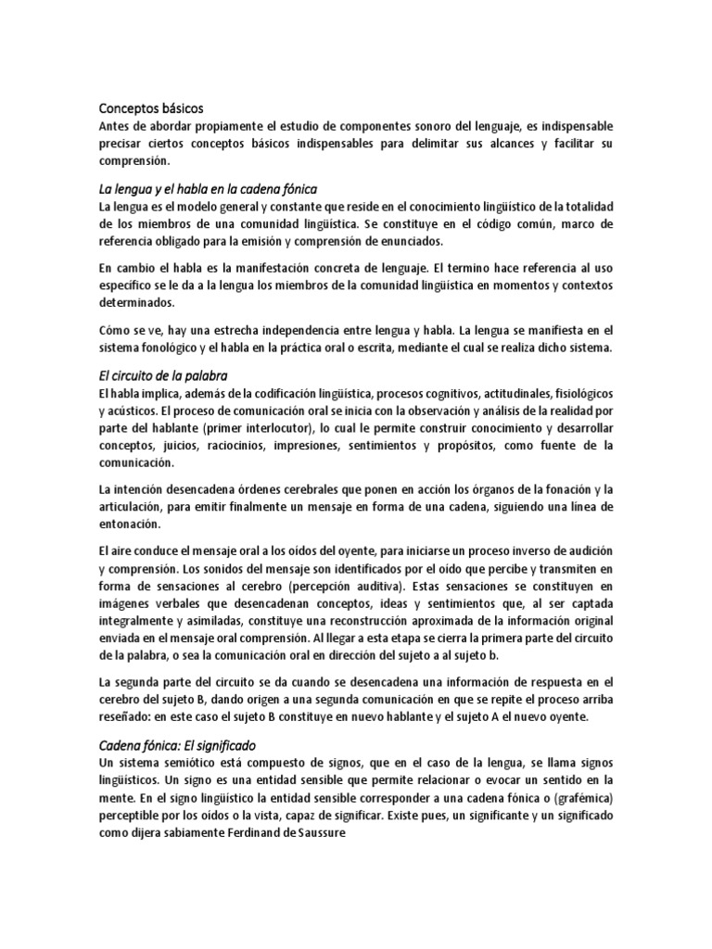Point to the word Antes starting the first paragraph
pyautogui.click(x=115, y=125)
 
